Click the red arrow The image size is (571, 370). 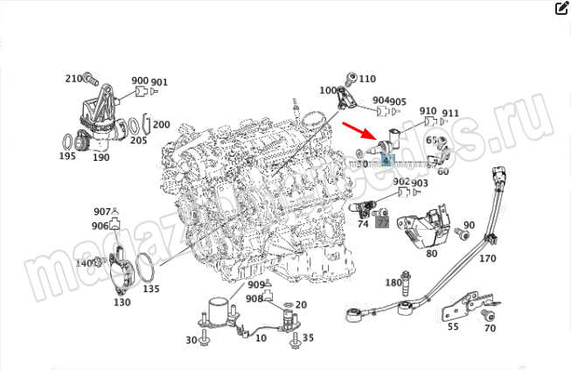point(359,132)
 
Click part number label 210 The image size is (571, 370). point(73,79)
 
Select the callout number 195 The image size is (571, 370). point(67,157)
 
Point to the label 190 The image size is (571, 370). point(101,157)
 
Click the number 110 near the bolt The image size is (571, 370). point(366,78)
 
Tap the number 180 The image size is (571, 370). point(393,283)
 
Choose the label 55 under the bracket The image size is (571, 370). point(453,326)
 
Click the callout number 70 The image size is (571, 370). point(490,328)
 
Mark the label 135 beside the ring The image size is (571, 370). point(151,288)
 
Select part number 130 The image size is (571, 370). point(122,303)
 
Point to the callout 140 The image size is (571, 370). point(83,262)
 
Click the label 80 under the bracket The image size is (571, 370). point(431,254)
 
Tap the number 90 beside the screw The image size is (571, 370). point(469,226)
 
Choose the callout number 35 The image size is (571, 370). point(307,338)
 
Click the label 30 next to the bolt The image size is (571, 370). point(191,340)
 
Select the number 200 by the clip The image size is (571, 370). point(162,125)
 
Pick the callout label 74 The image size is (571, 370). point(363,225)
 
